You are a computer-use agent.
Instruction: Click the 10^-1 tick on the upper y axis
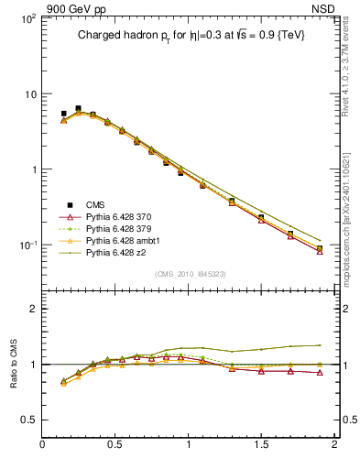coord(27,245)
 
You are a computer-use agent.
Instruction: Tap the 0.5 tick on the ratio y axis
coord(27,420)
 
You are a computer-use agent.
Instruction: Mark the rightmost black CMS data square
coord(320,248)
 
